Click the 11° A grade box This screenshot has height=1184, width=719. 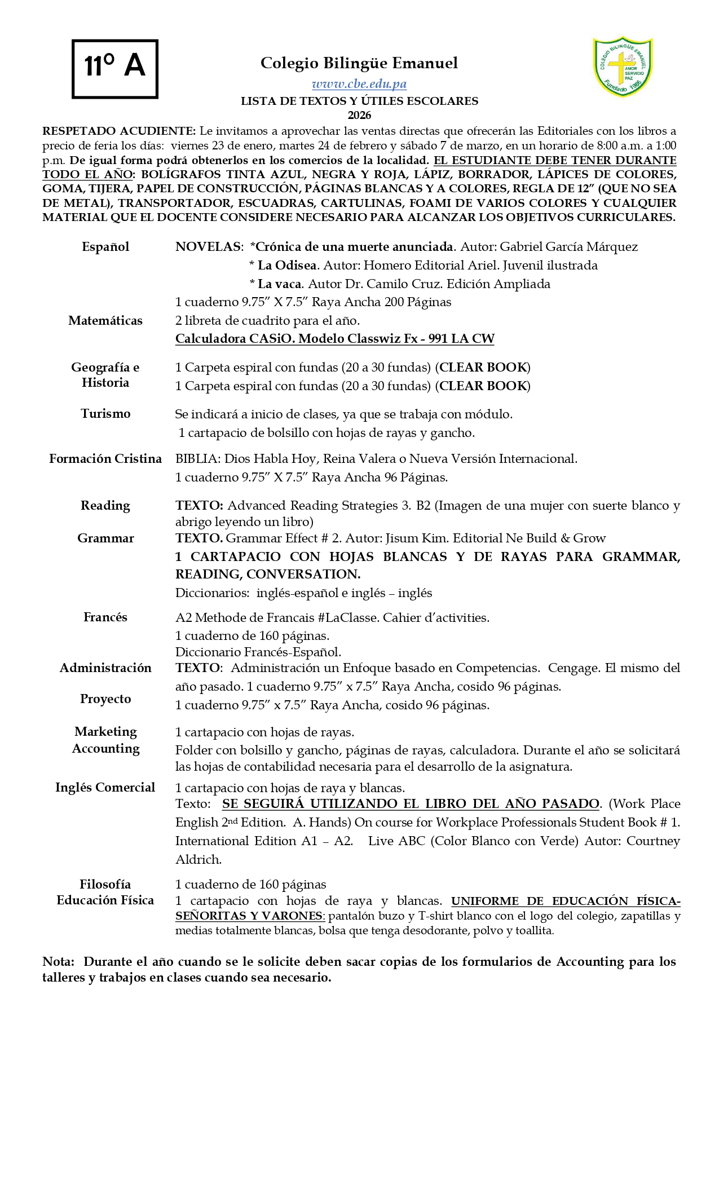(115, 69)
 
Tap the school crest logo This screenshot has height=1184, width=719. (623, 67)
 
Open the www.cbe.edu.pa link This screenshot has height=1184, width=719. (359, 84)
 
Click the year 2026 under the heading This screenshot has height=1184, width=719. (359, 116)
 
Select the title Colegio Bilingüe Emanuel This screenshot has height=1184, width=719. (359, 63)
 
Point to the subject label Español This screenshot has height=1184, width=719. (105, 247)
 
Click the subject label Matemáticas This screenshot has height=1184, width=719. (105, 321)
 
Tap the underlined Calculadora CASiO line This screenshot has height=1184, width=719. (335, 339)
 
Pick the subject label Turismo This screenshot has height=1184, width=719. (105, 414)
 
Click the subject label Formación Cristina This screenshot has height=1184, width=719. (105, 459)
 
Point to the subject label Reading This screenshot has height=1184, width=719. (105, 506)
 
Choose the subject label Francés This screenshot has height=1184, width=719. (105, 617)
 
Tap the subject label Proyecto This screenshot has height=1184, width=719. (105, 699)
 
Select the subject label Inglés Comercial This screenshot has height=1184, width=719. (105, 788)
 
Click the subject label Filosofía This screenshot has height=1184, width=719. (105, 884)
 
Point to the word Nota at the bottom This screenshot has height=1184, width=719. (58, 962)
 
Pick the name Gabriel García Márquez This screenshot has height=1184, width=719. (569, 247)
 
